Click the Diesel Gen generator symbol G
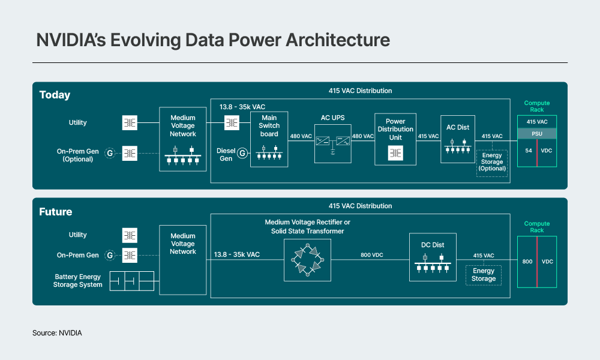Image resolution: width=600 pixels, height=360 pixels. pyautogui.click(x=242, y=153)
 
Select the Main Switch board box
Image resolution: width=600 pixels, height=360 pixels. pyautogui.click(x=269, y=139)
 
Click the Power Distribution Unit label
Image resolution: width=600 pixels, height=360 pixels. pyautogui.click(x=395, y=129)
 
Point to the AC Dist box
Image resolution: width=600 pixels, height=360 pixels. pyautogui.click(x=457, y=139)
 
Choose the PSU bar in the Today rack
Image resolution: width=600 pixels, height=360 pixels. pyautogui.click(x=538, y=133)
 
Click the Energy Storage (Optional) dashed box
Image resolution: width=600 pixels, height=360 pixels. pyautogui.click(x=492, y=163)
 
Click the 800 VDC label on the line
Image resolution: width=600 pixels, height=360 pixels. pyautogui.click(x=372, y=255)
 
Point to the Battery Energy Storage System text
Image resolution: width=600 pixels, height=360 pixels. pyautogui.click(x=78, y=281)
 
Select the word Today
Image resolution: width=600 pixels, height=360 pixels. pyautogui.click(x=55, y=95)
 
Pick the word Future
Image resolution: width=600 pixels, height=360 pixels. pyautogui.click(x=55, y=212)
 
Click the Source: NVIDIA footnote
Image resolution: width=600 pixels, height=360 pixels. pyautogui.click(x=57, y=332)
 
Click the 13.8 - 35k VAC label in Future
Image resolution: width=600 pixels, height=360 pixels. pyautogui.click(x=236, y=255)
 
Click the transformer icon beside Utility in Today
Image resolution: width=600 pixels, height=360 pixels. pyautogui.click(x=130, y=123)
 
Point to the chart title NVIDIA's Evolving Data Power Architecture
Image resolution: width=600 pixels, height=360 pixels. pyautogui.click(x=213, y=40)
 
